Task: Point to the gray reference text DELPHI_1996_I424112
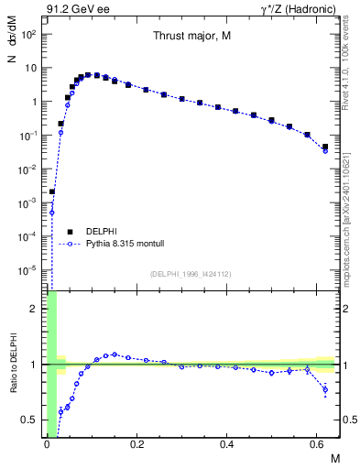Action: click(191, 272)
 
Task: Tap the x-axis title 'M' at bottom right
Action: click(333, 458)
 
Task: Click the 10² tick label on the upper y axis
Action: click(28, 34)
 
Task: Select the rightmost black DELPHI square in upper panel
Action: click(325, 147)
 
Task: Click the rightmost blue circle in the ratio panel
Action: click(325, 390)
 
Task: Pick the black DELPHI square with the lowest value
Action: click(52, 192)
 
